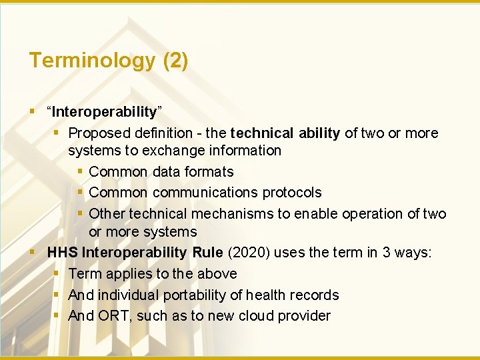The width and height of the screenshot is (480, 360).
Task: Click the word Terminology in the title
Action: (x=91, y=61)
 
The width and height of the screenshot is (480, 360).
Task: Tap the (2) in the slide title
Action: (x=175, y=61)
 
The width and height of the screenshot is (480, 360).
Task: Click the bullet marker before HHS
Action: (x=33, y=253)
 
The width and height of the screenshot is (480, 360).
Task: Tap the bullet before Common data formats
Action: (x=79, y=172)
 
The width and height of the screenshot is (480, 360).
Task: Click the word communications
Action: (x=205, y=193)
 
